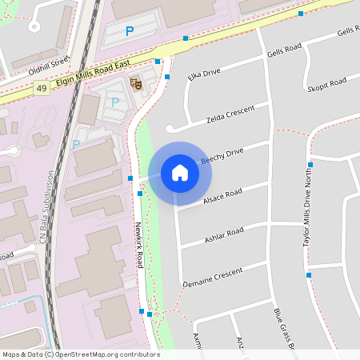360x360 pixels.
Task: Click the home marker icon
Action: coord(179,173)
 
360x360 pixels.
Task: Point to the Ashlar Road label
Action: coord(224,234)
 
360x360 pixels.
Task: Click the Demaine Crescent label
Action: coord(212,278)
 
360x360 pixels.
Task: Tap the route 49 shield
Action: coord(40,90)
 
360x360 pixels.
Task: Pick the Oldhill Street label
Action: coord(49,62)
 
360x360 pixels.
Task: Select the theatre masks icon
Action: coord(136,81)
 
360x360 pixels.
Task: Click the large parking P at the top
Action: coord(130,31)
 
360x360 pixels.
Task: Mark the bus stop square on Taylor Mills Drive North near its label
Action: coord(310,164)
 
